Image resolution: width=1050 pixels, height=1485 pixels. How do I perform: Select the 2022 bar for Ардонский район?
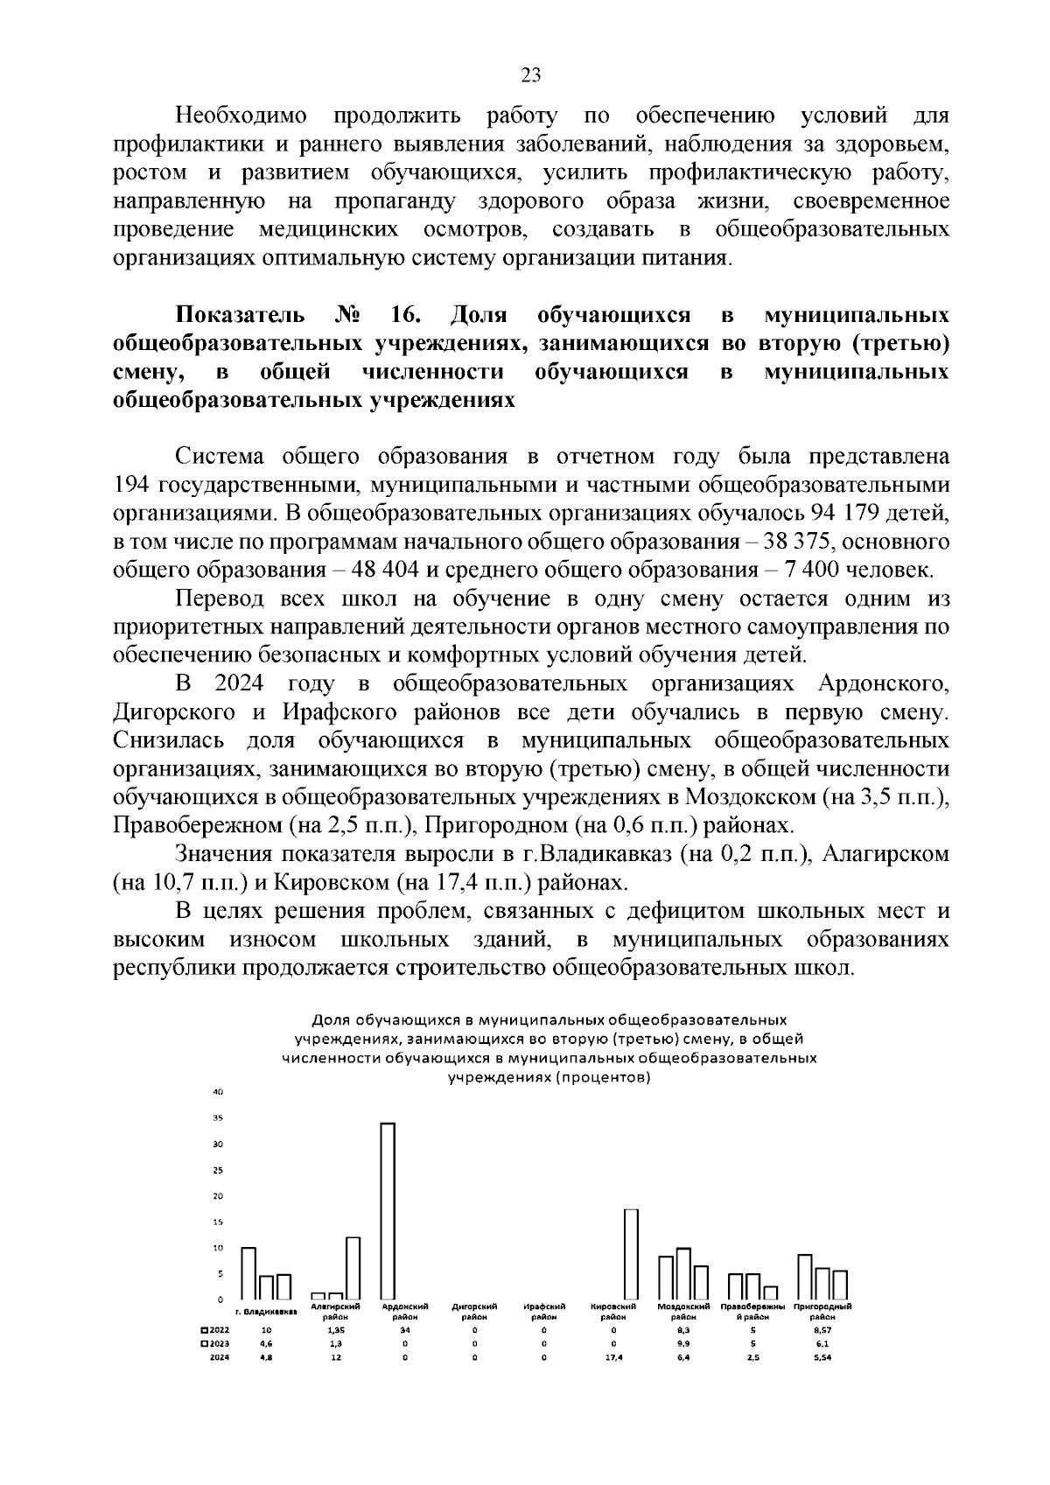click(x=387, y=1211)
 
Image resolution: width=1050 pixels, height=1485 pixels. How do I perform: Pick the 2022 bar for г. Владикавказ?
click(x=248, y=1273)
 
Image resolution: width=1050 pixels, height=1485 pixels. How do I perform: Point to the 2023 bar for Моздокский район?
click(x=683, y=1273)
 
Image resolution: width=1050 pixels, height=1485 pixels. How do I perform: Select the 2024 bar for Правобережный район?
click(x=770, y=1292)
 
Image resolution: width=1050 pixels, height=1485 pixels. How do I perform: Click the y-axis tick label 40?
click(x=219, y=1092)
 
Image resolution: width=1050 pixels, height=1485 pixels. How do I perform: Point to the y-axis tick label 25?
click(x=219, y=1170)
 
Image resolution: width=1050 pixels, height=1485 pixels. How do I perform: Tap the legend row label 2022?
click(x=216, y=1329)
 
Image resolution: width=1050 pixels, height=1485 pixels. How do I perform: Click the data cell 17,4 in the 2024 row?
click(x=613, y=1357)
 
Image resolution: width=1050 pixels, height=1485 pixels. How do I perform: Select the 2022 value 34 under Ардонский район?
click(x=404, y=1329)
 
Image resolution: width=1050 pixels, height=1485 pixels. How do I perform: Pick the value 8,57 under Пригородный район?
click(x=822, y=1329)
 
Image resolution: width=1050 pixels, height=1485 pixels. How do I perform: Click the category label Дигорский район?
click(x=474, y=1311)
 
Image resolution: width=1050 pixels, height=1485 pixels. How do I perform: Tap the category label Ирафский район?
click(x=544, y=1311)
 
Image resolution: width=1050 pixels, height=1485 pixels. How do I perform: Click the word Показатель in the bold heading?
click(x=241, y=315)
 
